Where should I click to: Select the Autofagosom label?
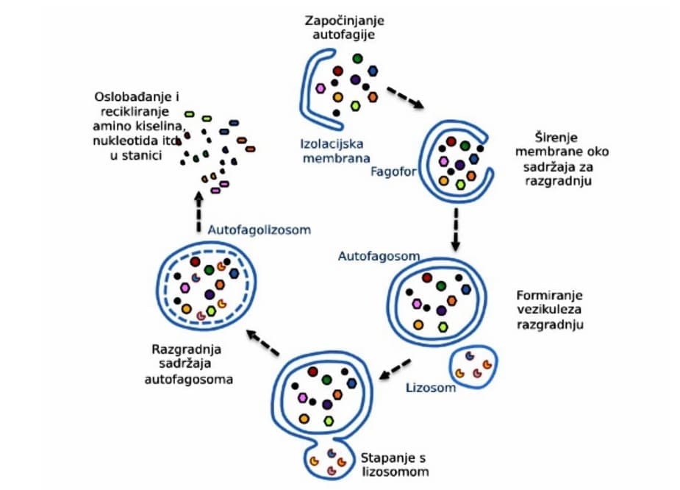pyautogui.click(x=379, y=256)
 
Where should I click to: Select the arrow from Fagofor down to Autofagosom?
pyautogui.click(x=456, y=228)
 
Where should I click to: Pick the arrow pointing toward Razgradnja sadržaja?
pyautogui.click(x=262, y=343)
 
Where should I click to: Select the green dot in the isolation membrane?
pyautogui.click(x=357, y=58)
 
